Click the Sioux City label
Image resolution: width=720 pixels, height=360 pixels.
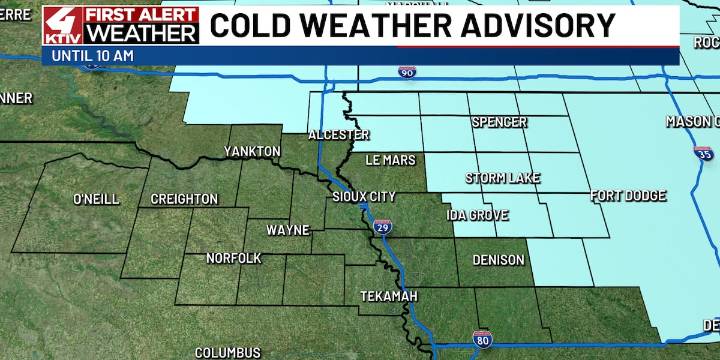pyautogui.click(x=364, y=196)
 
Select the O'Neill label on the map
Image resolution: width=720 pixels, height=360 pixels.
pyautogui.click(x=97, y=199)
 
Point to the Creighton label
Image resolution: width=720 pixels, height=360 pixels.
pyautogui.click(x=184, y=199)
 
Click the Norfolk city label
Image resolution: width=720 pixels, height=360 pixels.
pyautogui.click(x=233, y=258)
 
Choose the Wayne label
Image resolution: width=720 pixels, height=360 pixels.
pyautogui.click(x=287, y=230)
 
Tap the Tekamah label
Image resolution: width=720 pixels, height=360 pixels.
pyautogui.click(x=389, y=297)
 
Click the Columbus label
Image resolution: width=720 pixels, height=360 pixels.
pyautogui.click(x=228, y=352)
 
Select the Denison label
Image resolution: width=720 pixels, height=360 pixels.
pyautogui.click(x=498, y=260)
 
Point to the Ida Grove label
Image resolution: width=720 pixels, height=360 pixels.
pyautogui.click(x=477, y=215)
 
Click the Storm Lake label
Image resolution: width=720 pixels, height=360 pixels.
pyautogui.click(x=503, y=178)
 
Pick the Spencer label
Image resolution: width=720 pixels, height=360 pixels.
pyautogui.click(x=500, y=122)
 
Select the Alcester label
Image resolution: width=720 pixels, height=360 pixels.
pyautogui.click(x=339, y=134)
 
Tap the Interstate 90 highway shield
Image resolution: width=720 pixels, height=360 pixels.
pyautogui.click(x=406, y=72)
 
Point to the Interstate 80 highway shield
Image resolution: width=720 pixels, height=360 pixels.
pyautogui.click(x=481, y=341)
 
